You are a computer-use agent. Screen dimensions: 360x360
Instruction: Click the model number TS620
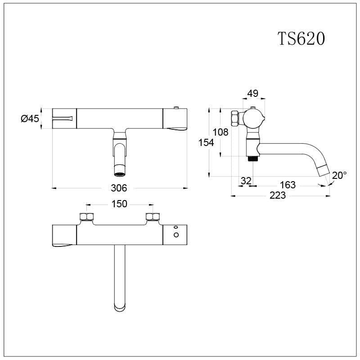301,39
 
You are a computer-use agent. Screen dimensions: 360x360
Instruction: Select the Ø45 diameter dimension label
30,119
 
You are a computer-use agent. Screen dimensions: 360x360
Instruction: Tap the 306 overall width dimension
120,188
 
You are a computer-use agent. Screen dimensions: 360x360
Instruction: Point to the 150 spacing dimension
119,204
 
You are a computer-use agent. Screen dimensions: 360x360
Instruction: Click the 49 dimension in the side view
253,94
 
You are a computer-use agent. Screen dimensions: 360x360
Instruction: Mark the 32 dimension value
246,181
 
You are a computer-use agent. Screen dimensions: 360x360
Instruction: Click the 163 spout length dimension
288,185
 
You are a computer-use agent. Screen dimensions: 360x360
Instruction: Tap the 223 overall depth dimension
278,196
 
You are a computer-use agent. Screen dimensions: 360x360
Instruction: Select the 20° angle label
339,175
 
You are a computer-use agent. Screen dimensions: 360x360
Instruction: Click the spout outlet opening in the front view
119,174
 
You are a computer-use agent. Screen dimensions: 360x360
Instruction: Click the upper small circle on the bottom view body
176,227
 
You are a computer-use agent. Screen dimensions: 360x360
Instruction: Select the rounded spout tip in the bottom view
119,308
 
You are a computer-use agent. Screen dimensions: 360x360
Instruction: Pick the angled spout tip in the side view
324,171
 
